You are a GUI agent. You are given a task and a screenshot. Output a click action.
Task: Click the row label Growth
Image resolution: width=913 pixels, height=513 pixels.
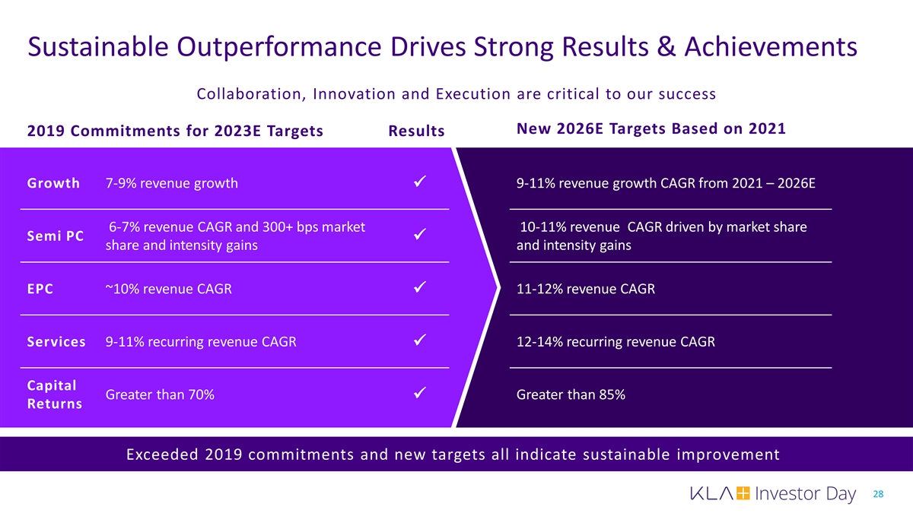pyautogui.click(x=53, y=183)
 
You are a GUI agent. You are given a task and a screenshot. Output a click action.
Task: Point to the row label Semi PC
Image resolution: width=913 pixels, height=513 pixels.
pyautogui.click(x=55, y=236)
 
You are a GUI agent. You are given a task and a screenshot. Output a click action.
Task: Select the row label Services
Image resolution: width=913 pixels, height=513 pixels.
pyautogui.click(x=56, y=342)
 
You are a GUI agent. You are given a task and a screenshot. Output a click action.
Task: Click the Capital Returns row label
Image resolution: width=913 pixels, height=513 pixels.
pyautogui.click(x=55, y=394)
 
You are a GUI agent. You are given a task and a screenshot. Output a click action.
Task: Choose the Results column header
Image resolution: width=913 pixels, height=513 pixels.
pyautogui.click(x=416, y=132)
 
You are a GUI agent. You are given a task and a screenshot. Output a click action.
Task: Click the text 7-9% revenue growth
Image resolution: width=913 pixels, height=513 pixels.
pyautogui.click(x=171, y=183)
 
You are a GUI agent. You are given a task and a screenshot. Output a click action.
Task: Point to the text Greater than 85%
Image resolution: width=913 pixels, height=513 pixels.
pyautogui.click(x=571, y=394)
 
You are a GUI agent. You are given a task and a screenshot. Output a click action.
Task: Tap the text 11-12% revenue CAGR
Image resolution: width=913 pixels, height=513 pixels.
pyautogui.click(x=585, y=289)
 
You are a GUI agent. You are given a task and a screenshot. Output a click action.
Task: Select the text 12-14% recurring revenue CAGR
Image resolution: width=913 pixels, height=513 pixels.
pyautogui.click(x=616, y=342)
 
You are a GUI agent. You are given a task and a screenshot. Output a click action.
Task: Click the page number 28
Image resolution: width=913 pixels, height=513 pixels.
pyautogui.click(x=879, y=495)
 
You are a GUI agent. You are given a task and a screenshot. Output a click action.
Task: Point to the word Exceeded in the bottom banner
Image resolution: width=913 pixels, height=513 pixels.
pyautogui.click(x=161, y=455)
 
